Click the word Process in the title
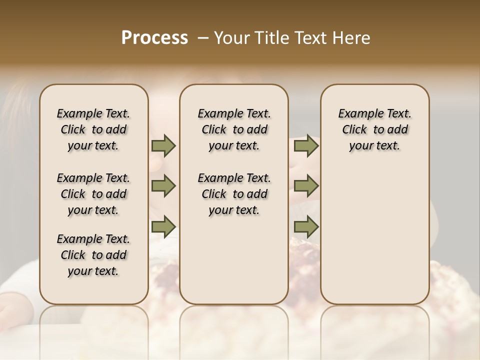coord(154,38)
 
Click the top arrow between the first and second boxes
coord(163,146)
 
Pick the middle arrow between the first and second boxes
coord(163,186)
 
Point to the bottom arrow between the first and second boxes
coord(163,227)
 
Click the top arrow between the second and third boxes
coord(306,146)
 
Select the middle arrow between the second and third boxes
coord(306,186)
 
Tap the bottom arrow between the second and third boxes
coord(306,227)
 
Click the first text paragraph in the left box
coord(93,129)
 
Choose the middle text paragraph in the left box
coord(93,194)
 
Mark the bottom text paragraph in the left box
coord(93,255)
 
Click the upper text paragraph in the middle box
coord(234,129)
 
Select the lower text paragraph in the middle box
coord(234,194)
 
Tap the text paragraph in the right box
coord(374,129)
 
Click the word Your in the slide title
coord(232,38)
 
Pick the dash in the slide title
coord(203,38)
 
